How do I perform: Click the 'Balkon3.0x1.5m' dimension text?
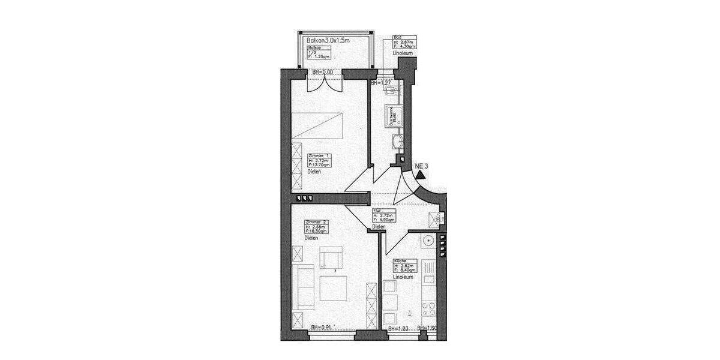tap(328, 40)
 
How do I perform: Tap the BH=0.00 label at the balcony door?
tap(323, 73)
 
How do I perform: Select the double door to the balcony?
tap(323, 83)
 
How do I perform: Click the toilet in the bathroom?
tap(391, 91)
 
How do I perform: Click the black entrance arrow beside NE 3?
tap(421, 175)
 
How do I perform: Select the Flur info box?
tap(384, 216)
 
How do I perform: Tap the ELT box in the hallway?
tap(436, 219)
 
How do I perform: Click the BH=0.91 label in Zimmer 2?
tap(322, 328)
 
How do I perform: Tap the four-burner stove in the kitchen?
tap(430, 310)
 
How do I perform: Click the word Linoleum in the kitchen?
tap(403, 277)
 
